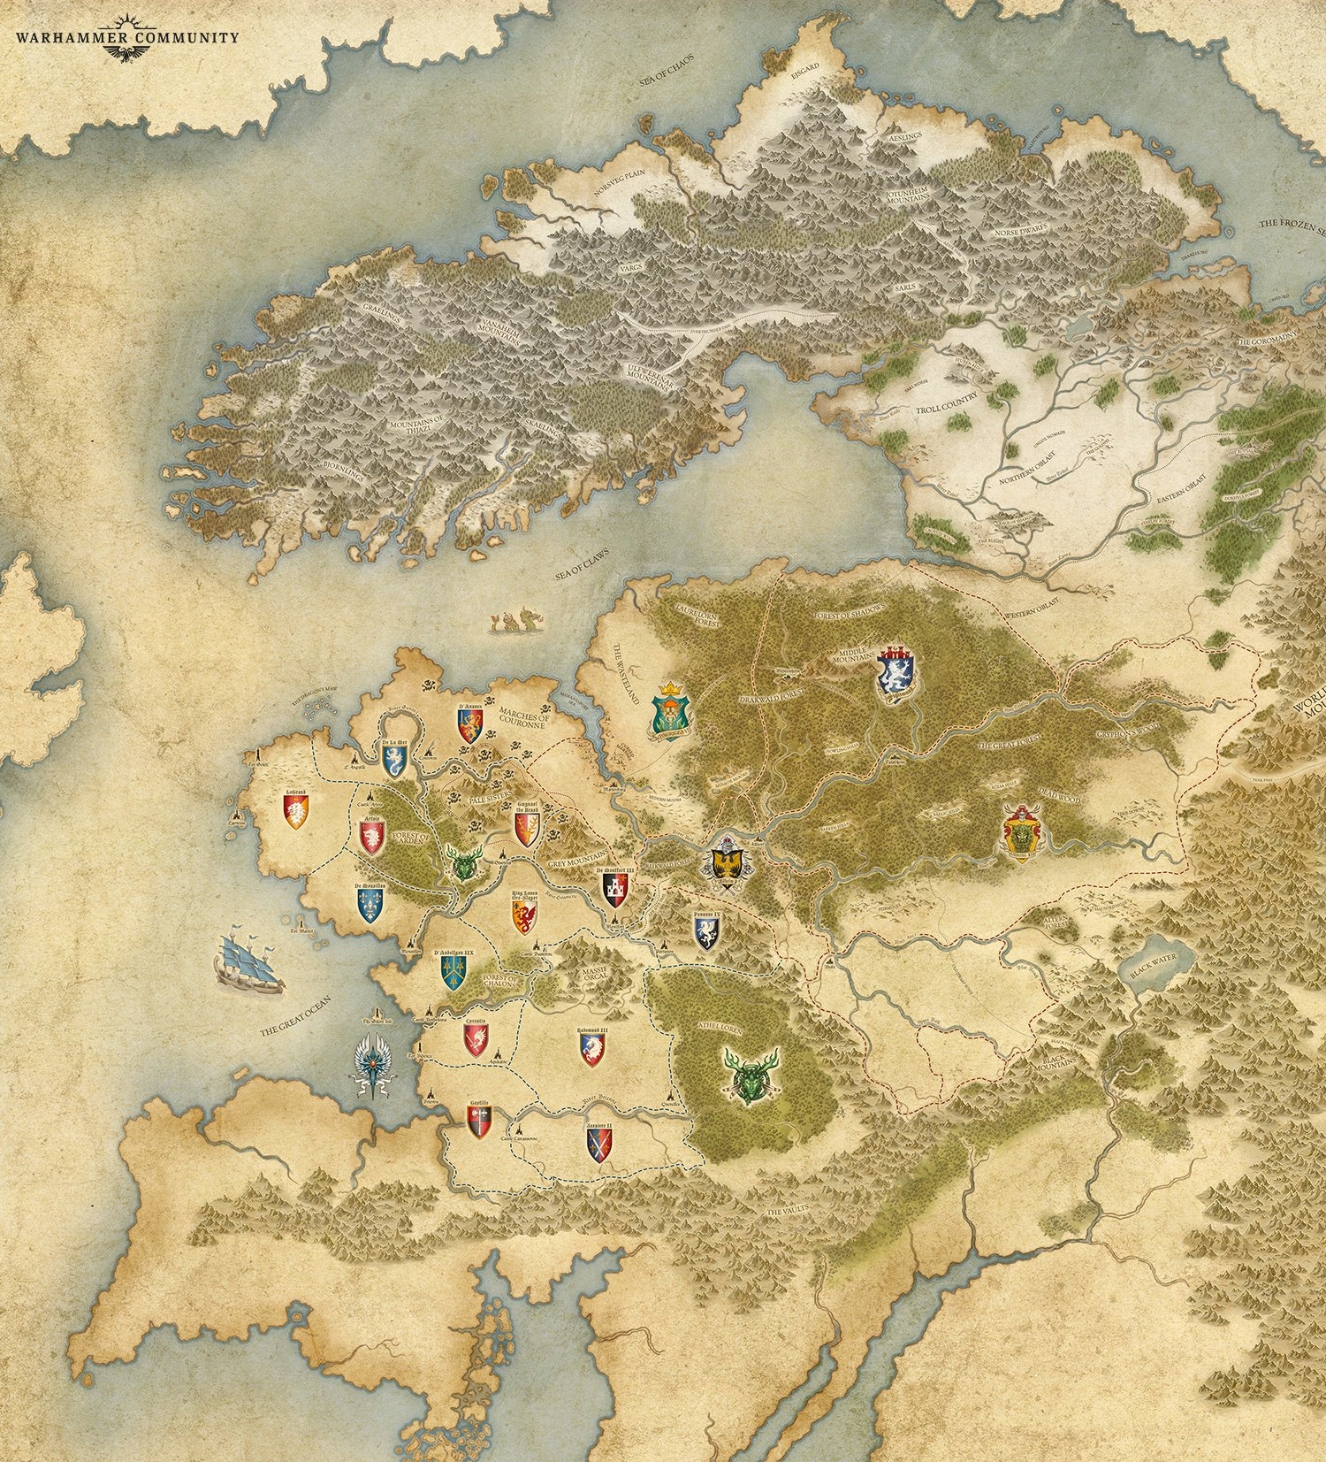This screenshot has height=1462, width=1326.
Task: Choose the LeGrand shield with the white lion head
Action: pyautogui.click(x=295, y=810)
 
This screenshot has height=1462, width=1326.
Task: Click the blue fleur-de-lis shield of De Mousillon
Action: pyautogui.click(x=370, y=904)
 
